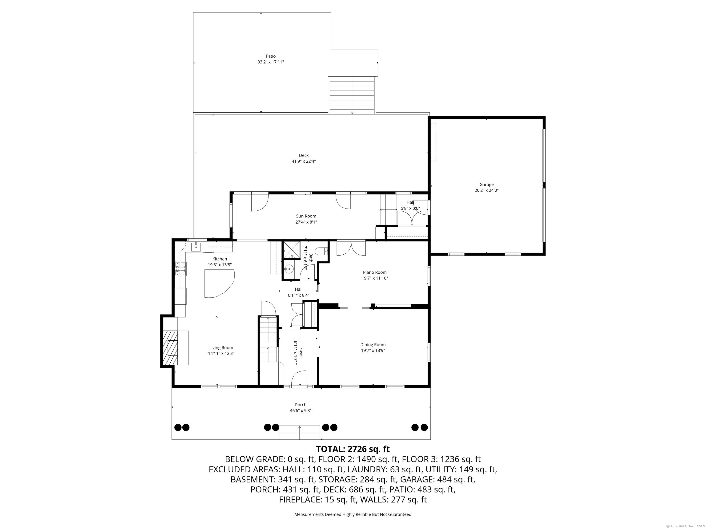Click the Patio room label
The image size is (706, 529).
tap(271, 56)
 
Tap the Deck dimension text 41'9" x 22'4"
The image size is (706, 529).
tap(304, 161)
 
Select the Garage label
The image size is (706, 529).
tap(486, 185)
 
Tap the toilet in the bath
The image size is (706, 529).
tap(321, 251)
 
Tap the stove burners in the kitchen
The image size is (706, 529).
tap(181, 269)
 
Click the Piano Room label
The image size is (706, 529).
tap(375, 272)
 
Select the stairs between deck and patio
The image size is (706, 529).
tap(352, 95)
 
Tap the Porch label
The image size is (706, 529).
tap(301, 405)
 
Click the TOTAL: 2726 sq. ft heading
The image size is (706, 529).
tap(353, 449)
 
